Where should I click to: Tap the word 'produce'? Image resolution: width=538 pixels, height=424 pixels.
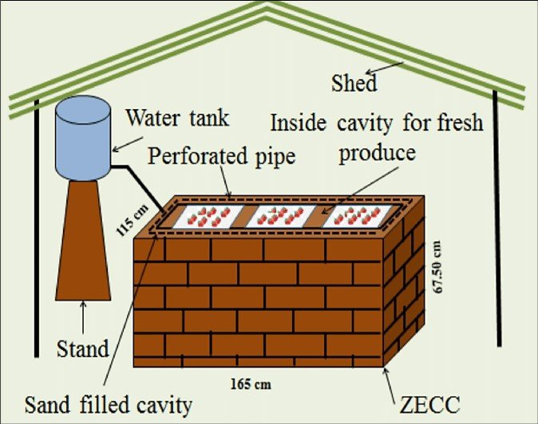pyautogui.click(x=376, y=152)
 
